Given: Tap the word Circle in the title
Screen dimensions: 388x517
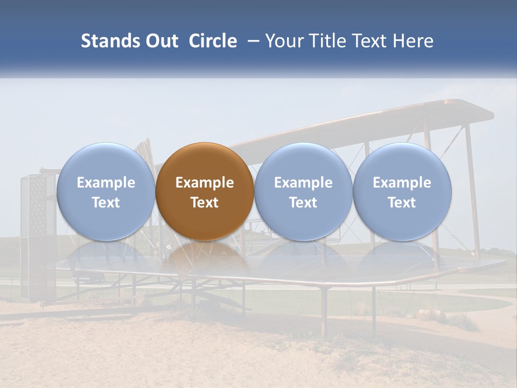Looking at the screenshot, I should pos(213,41).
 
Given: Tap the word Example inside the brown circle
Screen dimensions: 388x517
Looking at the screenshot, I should pos(205,183).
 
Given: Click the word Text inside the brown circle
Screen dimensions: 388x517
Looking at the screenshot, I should pos(205,203).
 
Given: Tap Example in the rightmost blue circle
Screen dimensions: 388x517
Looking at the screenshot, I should pos(402,183).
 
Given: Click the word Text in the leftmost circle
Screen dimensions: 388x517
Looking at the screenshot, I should pos(106,203).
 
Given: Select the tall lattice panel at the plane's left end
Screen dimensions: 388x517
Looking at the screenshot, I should pos(38,237).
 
